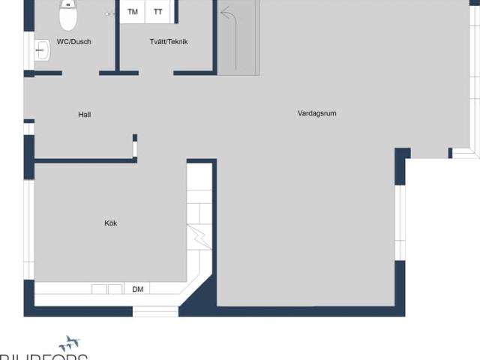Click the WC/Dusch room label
(x=74, y=42)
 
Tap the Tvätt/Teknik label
(x=168, y=42)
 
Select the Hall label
(x=85, y=115)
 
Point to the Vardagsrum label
(x=316, y=113)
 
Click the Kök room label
(x=110, y=223)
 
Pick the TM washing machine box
(x=133, y=12)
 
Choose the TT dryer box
(x=158, y=12)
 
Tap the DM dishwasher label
(x=138, y=289)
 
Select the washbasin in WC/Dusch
(x=42, y=51)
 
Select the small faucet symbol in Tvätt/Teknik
(x=110, y=13)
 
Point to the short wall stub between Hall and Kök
(x=135, y=145)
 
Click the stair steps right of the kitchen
(x=200, y=195)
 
